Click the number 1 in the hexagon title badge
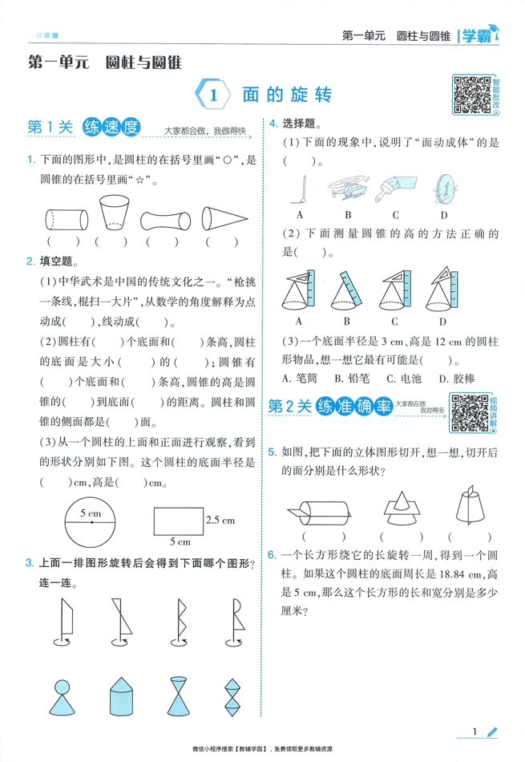tap(214, 95)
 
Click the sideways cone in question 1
tap(222, 218)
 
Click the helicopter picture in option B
tap(349, 189)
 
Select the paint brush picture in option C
tap(398, 189)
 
